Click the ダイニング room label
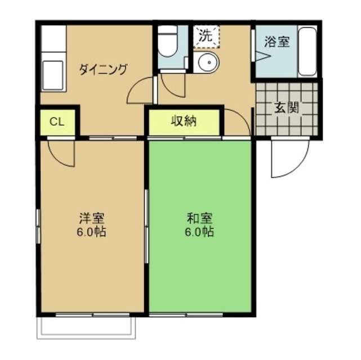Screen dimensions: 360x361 click(x=103, y=70)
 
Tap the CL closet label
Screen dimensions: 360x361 click(x=56, y=122)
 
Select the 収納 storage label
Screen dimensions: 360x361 click(x=184, y=121)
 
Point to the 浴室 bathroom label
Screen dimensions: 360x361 click(x=277, y=41)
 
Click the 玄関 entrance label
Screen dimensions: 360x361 click(x=287, y=108)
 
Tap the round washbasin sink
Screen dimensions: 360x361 click(x=206, y=63)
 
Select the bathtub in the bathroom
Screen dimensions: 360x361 click(x=307, y=52)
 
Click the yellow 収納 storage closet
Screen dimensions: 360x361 click(x=184, y=122)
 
